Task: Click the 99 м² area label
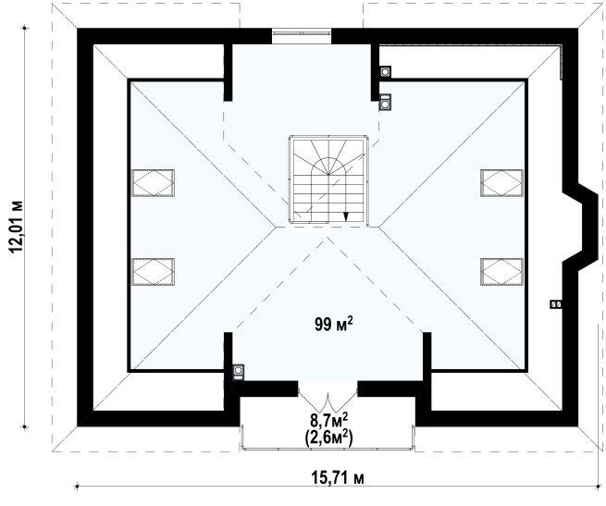pos(334,324)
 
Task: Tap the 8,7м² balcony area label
pos(328,419)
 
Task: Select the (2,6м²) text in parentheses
pos(328,438)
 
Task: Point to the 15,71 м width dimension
pos(338,478)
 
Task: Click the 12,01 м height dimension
pos(17,227)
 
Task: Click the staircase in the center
pos(328,179)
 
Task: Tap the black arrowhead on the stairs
pos(346,216)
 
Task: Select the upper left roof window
pos(153,183)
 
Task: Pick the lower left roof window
pos(153,272)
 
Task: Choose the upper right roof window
pos(502,183)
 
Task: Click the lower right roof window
pos(502,272)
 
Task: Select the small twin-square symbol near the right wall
pos(556,304)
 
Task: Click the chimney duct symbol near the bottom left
pos(239,371)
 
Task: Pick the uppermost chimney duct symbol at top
pos(385,71)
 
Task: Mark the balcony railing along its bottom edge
pos(328,449)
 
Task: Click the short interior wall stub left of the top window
pos(228,72)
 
